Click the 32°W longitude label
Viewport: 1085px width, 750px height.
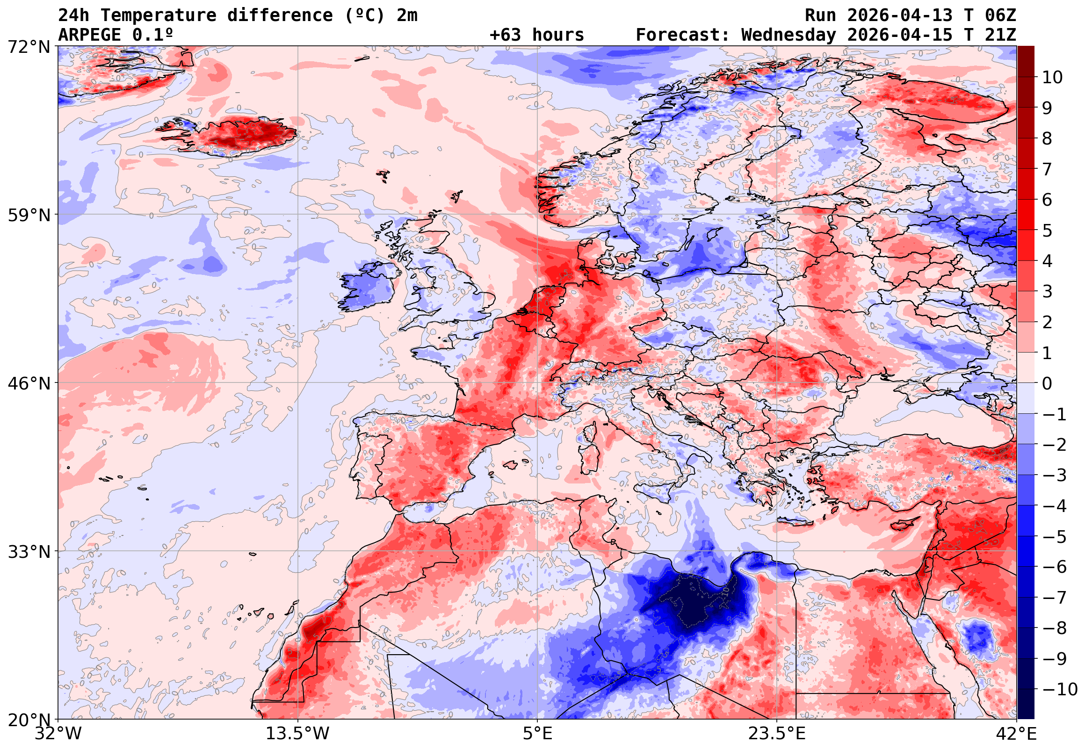[x=58, y=734]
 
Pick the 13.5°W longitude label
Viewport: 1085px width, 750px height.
[x=298, y=734]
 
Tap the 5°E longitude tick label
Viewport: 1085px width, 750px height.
[x=537, y=734]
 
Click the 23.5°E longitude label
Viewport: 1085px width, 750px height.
[x=776, y=734]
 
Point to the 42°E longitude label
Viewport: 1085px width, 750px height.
[x=1016, y=734]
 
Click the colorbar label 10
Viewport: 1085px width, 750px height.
[x=1052, y=77]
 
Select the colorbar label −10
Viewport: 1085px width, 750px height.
[x=1060, y=690]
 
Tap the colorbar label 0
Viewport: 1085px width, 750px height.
[x=1047, y=383]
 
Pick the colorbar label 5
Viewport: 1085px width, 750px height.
[x=1047, y=231]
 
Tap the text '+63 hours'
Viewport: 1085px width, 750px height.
[x=536, y=35]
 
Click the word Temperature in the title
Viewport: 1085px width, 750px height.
[x=159, y=15]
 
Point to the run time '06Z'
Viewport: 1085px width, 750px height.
[x=1000, y=15]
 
